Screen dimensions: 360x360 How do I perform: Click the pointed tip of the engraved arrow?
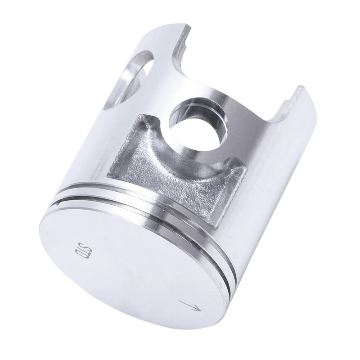click(201, 309)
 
